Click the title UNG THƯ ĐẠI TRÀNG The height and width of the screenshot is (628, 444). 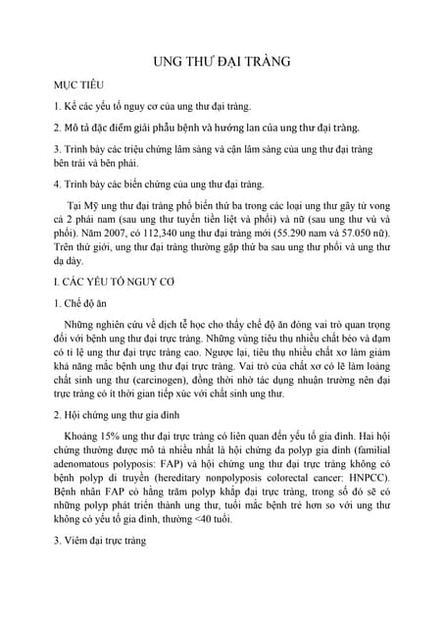(222, 61)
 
